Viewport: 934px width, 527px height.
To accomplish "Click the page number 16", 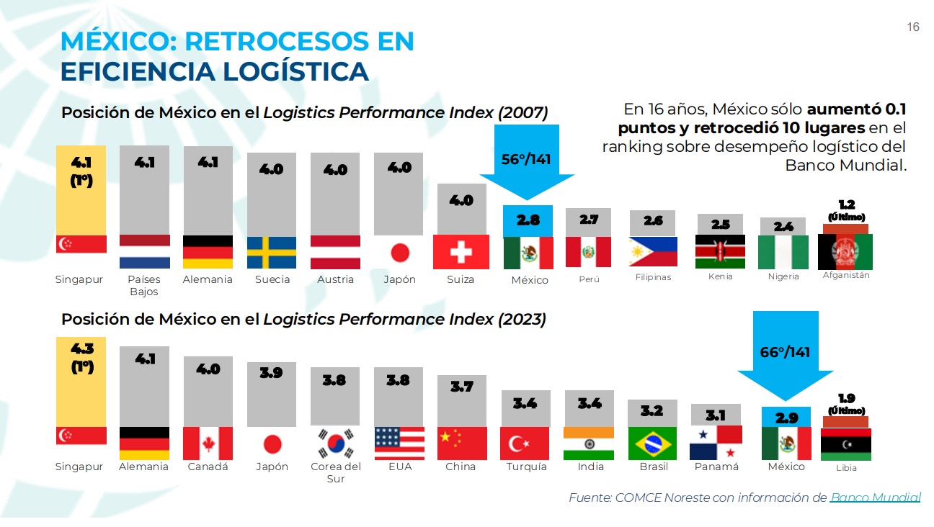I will [912, 27].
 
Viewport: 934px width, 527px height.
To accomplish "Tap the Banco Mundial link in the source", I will [875, 497].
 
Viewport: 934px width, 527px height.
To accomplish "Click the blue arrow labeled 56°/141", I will [527, 164].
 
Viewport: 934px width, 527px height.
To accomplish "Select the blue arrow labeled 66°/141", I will [785, 357].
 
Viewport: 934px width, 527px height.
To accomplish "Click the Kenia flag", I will [720, 251].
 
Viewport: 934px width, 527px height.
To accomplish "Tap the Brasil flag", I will [652, 443].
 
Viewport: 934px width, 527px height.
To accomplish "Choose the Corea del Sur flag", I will [336, 443].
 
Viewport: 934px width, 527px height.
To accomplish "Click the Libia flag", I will [846, 444].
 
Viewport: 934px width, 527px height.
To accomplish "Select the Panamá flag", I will [716, 443].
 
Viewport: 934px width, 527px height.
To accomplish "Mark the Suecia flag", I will [272, 253].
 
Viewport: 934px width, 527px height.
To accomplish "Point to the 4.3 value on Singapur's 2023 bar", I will [81, 348].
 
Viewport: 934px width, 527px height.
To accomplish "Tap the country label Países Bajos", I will [144, 285].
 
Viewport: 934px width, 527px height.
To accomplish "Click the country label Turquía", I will [525, 467].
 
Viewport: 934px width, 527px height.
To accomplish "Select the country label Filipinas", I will [653, 277].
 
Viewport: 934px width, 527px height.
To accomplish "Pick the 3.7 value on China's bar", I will [461, 387].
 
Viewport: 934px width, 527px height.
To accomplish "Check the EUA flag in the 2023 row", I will [399, 443].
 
